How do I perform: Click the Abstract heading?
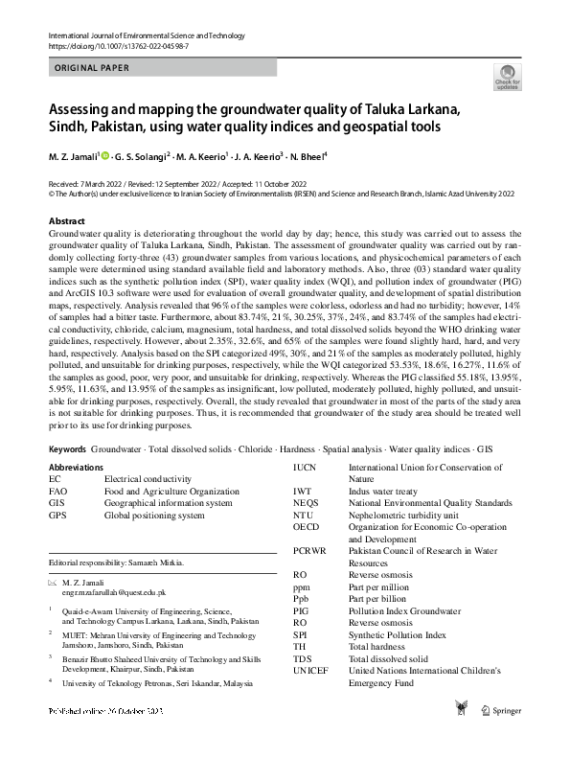[66, 221]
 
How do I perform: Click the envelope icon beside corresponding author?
[53, 583]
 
